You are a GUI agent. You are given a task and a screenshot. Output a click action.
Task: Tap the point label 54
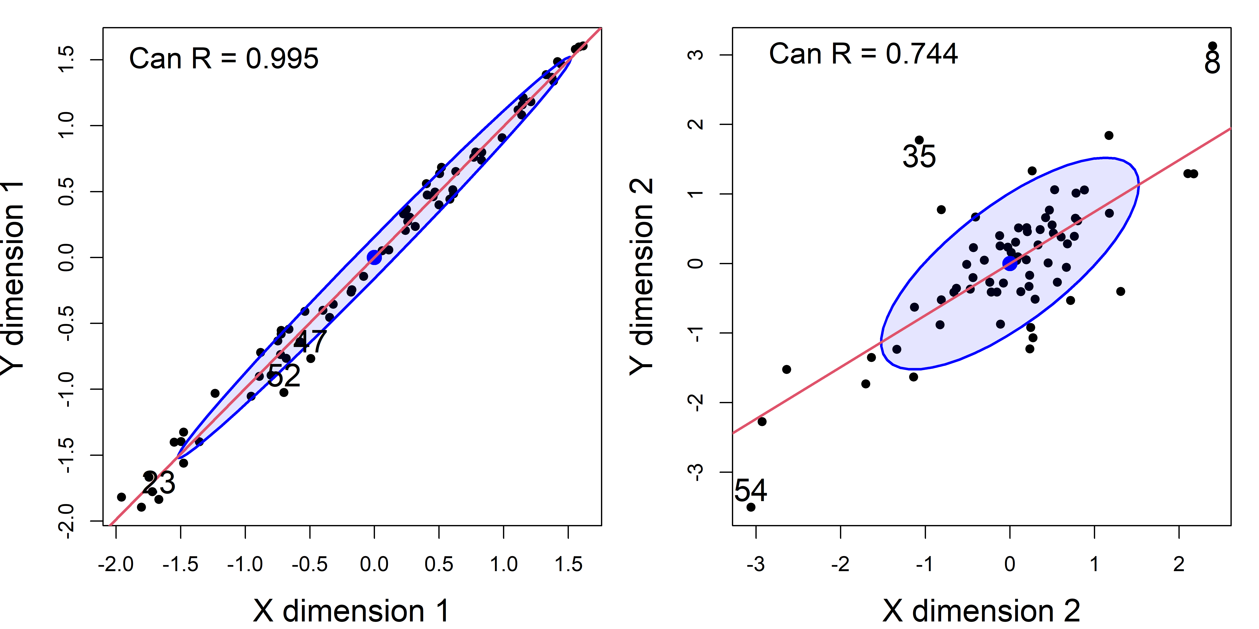pos(751,490)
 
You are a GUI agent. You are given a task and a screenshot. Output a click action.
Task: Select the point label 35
pos(919,157)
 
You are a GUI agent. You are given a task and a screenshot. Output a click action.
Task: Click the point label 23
pos(159,483)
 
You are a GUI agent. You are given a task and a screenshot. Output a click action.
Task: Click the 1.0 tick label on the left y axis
pos(66,126)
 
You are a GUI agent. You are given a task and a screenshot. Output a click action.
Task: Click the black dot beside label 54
pos(751,507)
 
